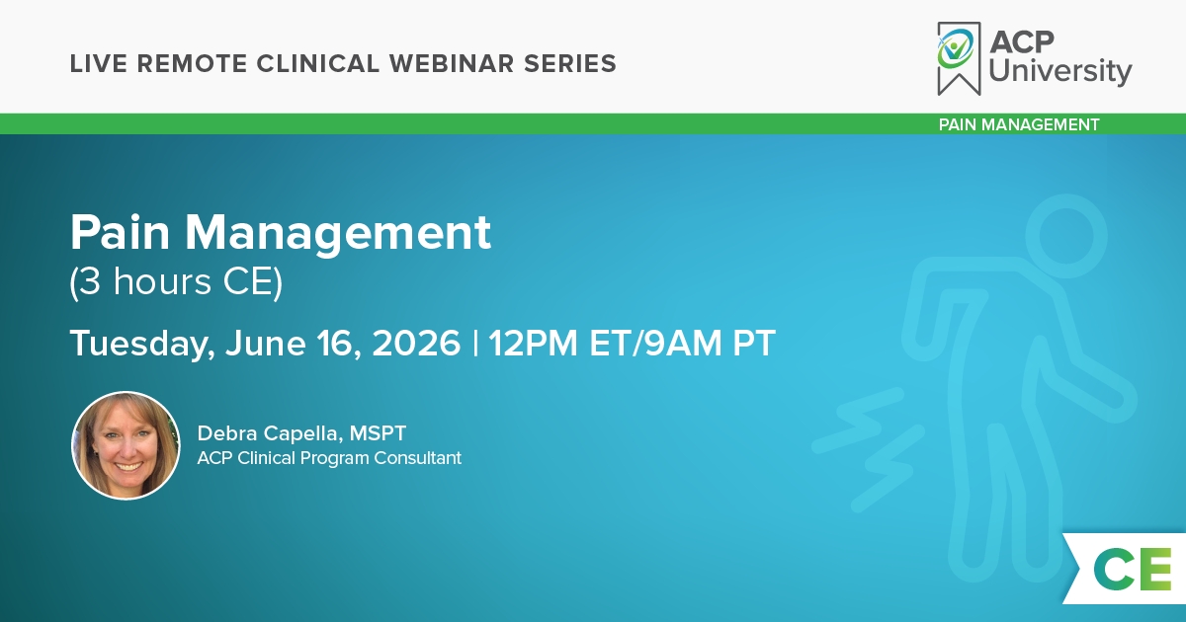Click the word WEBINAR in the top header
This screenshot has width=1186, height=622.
[x=452, y=63]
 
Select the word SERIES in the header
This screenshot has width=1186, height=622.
[x=570, y=63]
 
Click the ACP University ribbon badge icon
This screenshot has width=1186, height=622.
[x=959, y=58]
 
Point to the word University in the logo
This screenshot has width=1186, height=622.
[x=1059, y=71]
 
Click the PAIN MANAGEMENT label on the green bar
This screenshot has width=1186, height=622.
[x=1019, y=124]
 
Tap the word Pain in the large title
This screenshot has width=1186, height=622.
[x=121, y=232]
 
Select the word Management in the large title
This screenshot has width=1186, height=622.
[x=338, y=234]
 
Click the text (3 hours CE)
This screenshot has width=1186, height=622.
[x=176, y=282]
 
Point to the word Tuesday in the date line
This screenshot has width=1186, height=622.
[x=142, y=344]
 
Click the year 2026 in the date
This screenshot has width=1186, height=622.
[x=416, y=344]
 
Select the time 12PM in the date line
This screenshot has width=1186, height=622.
[x=533, y=344]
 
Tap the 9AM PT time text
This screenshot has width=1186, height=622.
[x=710, y=344]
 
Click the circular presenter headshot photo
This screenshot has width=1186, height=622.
[x=127, y=445]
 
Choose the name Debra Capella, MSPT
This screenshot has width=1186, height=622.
[x=301, y=433]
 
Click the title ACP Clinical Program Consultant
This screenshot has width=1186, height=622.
[x=329, y=457]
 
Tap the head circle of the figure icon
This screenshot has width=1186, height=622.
[x=1066, y=236]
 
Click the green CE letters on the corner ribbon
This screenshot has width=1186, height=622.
[x=1133, y=569]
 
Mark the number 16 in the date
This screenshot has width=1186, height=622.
[x=339, y=344]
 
